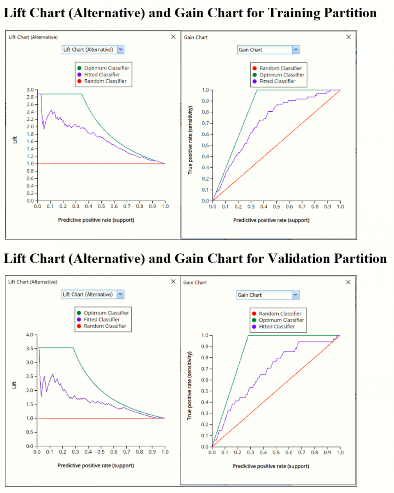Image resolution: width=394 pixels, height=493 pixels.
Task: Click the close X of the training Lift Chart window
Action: coord(173,37)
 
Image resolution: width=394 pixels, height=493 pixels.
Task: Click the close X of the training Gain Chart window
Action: coord(348,37)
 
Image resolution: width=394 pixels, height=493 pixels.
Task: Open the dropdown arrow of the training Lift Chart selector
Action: coord(120,50)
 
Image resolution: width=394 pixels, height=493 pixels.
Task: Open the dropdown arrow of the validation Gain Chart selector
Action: coord(295,295)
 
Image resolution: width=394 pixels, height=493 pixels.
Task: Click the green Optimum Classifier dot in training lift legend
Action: coord(79,68)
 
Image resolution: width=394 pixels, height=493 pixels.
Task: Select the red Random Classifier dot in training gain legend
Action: coord(254,69)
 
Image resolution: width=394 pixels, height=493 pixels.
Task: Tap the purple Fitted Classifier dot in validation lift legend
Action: coord(79,320)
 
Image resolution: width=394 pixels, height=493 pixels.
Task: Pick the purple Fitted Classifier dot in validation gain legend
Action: coord(254,327)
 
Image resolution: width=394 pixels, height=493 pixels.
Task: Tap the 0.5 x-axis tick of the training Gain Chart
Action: coord(276,207)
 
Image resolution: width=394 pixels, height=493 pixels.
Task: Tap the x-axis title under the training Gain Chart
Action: coord(271,220)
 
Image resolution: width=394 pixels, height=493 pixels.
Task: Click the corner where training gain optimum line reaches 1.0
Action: coord(257,90)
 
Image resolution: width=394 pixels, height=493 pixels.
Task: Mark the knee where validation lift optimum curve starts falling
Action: coord(73,348)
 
